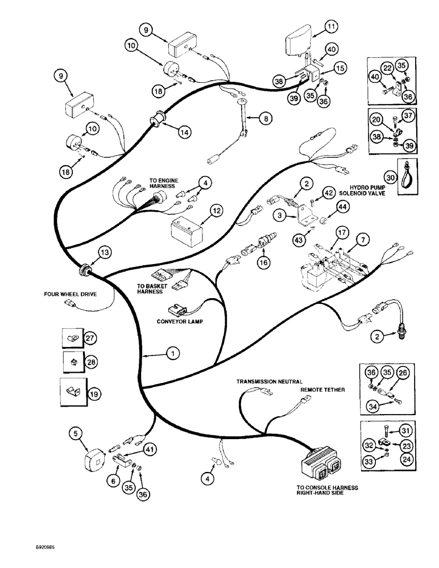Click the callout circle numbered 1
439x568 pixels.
[x=171, y=353]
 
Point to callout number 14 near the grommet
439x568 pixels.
[x=183, y=131]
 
